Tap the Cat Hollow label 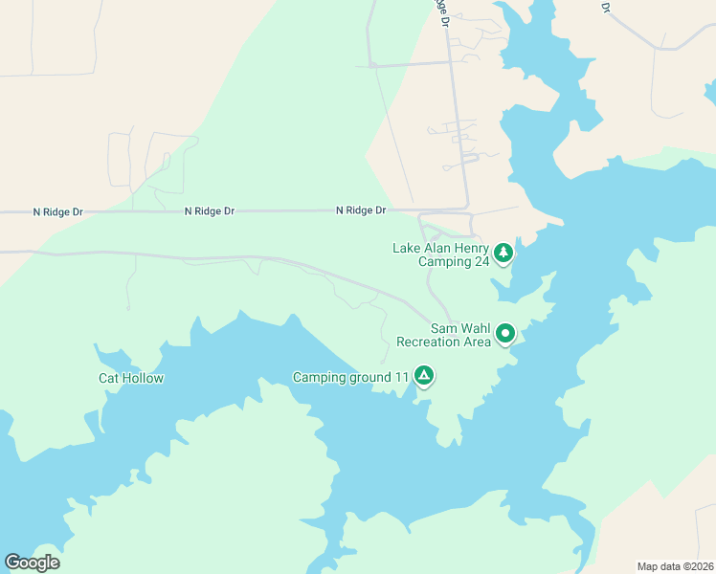(x=131, y=378)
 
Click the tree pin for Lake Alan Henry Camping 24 (x=503, y=254)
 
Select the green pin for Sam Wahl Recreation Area (x=504, y=334)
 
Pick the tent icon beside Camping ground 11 (x=423, y=376)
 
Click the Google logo (x=32, y=563)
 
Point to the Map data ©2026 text (x=674, y=565)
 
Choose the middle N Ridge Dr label (x=209, y=210)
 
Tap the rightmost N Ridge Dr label (x=361, y=210)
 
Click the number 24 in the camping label (x=481, y=260)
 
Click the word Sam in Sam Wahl (x=443, y=327)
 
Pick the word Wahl (x=474, y=327)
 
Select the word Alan (x=436, y=248)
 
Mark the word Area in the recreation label (x=478, y=342)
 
